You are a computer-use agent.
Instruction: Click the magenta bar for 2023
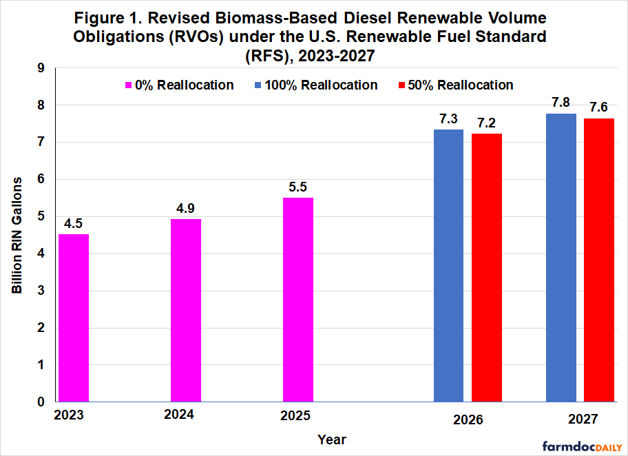[x=74, y=318]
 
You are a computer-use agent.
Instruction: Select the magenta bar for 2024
[x=186, y=310]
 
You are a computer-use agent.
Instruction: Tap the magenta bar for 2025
[x=298, y=300]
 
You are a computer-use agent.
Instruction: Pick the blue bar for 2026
[x=448, y=265]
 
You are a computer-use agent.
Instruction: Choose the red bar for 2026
[x=487, y=267]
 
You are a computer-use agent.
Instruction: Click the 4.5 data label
[x=74, y=224]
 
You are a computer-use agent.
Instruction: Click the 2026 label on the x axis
[x=468, y=419]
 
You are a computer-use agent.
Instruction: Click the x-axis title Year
[x=332, y=439]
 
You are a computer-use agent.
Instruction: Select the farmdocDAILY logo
[x=582, y=446]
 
